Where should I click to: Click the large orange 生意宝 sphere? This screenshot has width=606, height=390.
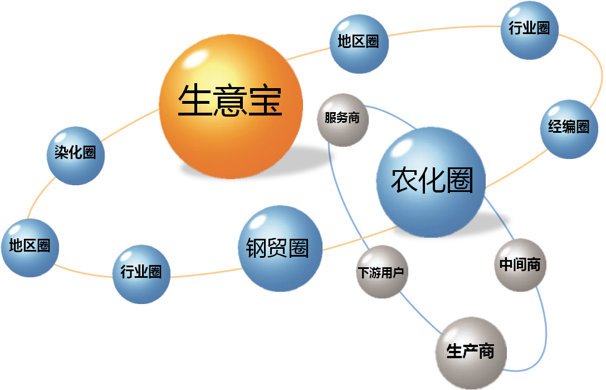pyautogui.click(x=231, y=107)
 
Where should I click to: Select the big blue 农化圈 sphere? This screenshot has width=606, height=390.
pyautogui.click(x=431, y=182)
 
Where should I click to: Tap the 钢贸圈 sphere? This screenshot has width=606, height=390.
pyautogui.click(x=280, y=248)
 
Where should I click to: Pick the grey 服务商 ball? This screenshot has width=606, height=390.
pyautogui.click(x=343, y=120)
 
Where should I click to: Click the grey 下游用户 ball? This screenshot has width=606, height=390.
pyautogui.click(x=382, y=272)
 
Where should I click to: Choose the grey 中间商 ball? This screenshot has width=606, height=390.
pyautogui.click(x=520, y=265)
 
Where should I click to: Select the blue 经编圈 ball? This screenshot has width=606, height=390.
pyautogui.click(x=569, y=129)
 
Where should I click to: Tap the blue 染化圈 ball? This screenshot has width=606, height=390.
pyautogui.click(x=76, y=156)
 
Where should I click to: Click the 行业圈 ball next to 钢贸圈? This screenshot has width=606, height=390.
pyautogui.click(x=141, y=274)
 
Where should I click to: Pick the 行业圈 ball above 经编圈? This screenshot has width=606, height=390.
pyautogui.click(x=530, y=30)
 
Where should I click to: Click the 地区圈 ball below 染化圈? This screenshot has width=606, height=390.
pyautogui.click(x=30, y=248)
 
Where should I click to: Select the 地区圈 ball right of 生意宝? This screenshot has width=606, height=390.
pyautogui.click(x=359, y=44)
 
